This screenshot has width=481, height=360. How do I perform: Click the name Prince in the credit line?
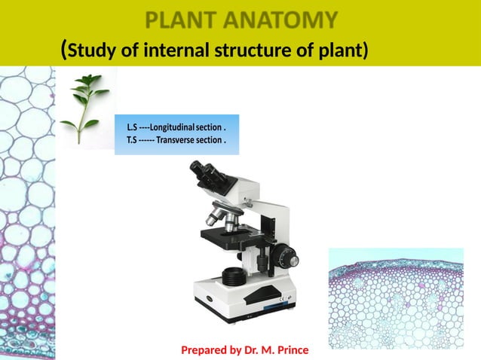pyautogui.click(x=292, y=351)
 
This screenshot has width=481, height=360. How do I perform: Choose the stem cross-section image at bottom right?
pyautogui.click(x=396, y=297)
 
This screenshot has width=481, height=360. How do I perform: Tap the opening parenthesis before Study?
pyautogui.click(x=63, y=50)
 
